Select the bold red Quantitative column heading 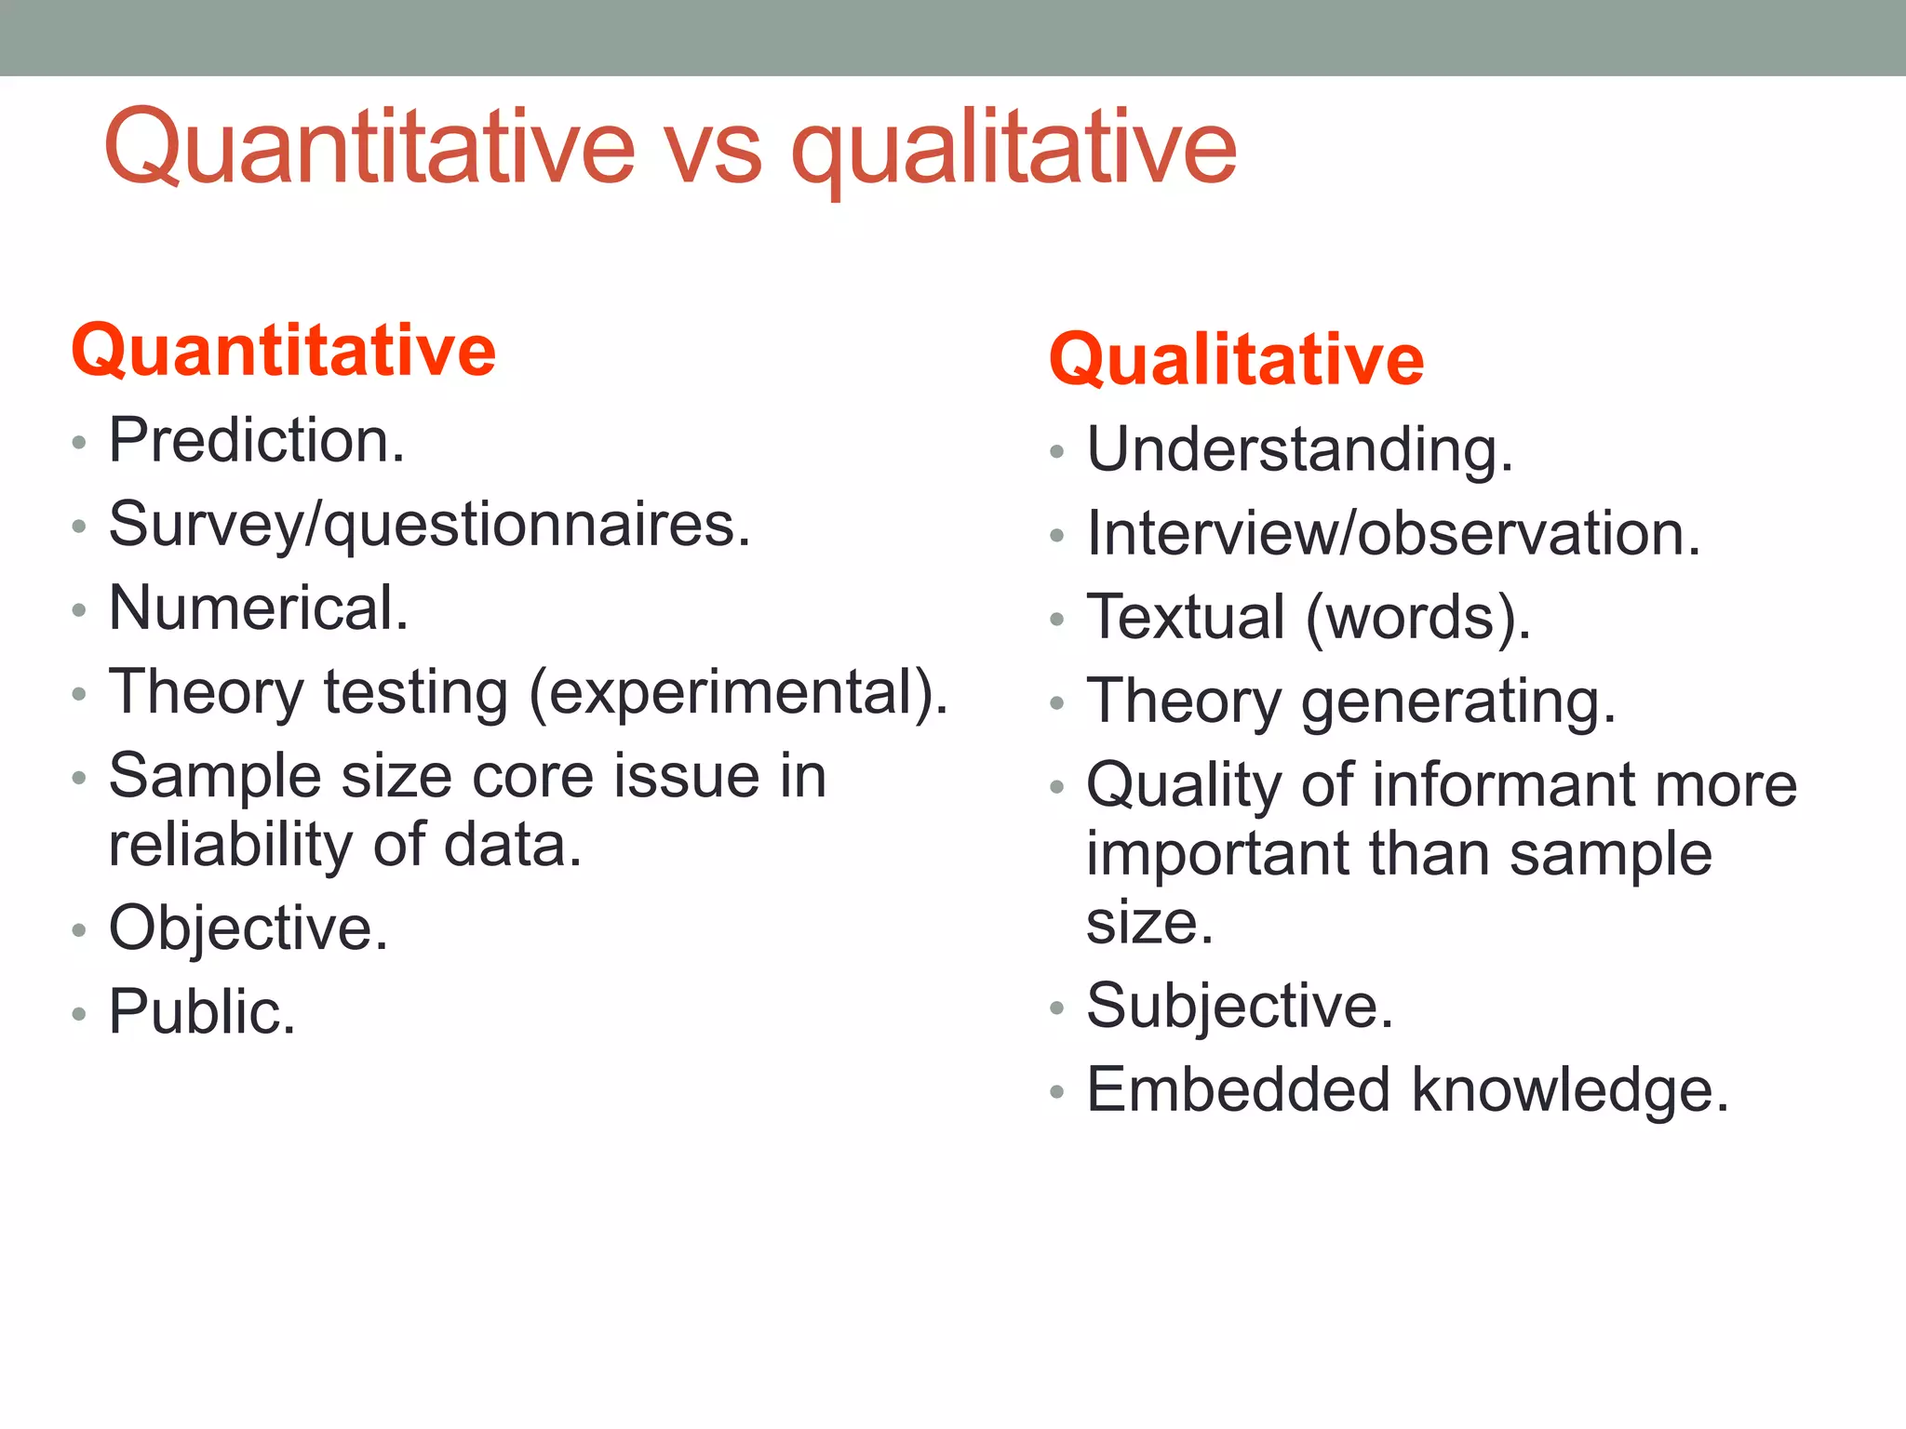tap(283, 351)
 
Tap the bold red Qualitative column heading tap(1236, 360)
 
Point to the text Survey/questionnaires tap(429, 526)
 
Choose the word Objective tap(248, 928)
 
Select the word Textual tap(1186, 617)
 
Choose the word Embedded tap(1238, 1090)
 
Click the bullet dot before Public tap(79, 1014)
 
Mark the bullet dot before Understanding tap(1055, 452)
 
